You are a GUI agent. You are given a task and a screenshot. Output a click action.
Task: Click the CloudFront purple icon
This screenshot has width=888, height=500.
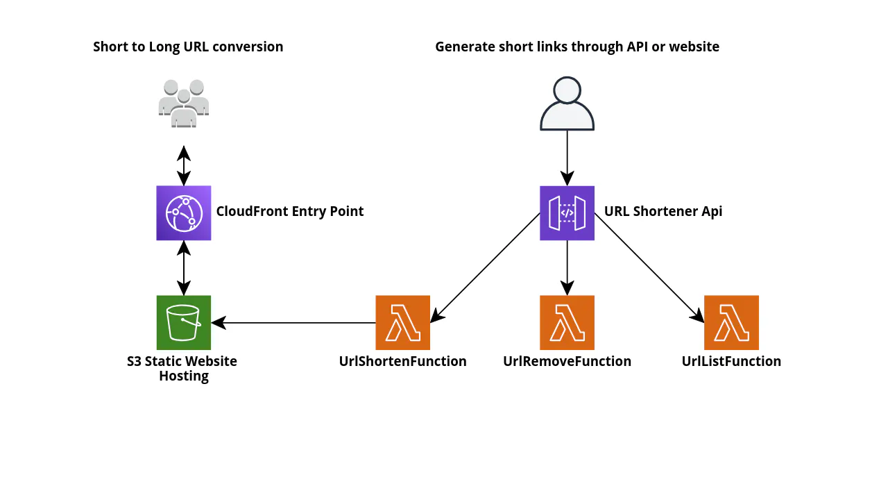(x=184, y=212)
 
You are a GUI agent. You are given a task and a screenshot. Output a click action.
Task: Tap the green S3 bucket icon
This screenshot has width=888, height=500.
(x=184, y=322)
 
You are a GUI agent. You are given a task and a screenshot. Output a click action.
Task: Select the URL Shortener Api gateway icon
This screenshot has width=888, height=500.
(x=567, y=212)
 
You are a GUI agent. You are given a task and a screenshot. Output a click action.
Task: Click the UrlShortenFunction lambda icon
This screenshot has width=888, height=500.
(x=402, y=322)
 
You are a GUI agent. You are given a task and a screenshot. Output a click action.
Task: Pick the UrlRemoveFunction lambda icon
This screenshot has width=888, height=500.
(x=567, y=322)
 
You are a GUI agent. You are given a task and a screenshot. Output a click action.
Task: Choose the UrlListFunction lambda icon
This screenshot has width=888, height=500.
(x=731, y=322)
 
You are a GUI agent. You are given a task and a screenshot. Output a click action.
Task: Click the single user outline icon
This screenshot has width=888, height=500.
(x=567, y=103)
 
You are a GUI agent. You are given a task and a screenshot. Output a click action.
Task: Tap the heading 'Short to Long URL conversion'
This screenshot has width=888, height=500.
(x=188, y=47)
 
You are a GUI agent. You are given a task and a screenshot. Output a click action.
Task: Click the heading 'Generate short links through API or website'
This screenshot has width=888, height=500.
(x=577, y=47)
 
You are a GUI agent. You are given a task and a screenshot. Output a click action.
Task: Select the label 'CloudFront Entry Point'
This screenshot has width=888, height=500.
(x=290, y=212)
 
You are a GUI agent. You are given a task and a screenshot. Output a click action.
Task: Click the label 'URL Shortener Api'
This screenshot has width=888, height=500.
(x=663, y=212)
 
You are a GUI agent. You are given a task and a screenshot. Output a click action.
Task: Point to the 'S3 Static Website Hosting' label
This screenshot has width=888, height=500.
(x=182, y=369)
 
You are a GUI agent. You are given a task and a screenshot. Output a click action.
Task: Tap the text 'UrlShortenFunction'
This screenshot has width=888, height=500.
(x=402, y=362)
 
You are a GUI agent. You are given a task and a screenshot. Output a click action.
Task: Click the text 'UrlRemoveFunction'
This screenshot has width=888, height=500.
(x=567, y=362)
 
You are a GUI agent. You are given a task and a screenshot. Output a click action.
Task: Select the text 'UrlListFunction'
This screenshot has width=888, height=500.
(x=731, y=362)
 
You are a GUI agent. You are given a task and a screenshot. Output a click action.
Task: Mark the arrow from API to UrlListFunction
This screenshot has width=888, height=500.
(x=649, y=268)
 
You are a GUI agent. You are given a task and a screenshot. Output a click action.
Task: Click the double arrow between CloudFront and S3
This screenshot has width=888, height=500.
(x=184, y=267)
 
